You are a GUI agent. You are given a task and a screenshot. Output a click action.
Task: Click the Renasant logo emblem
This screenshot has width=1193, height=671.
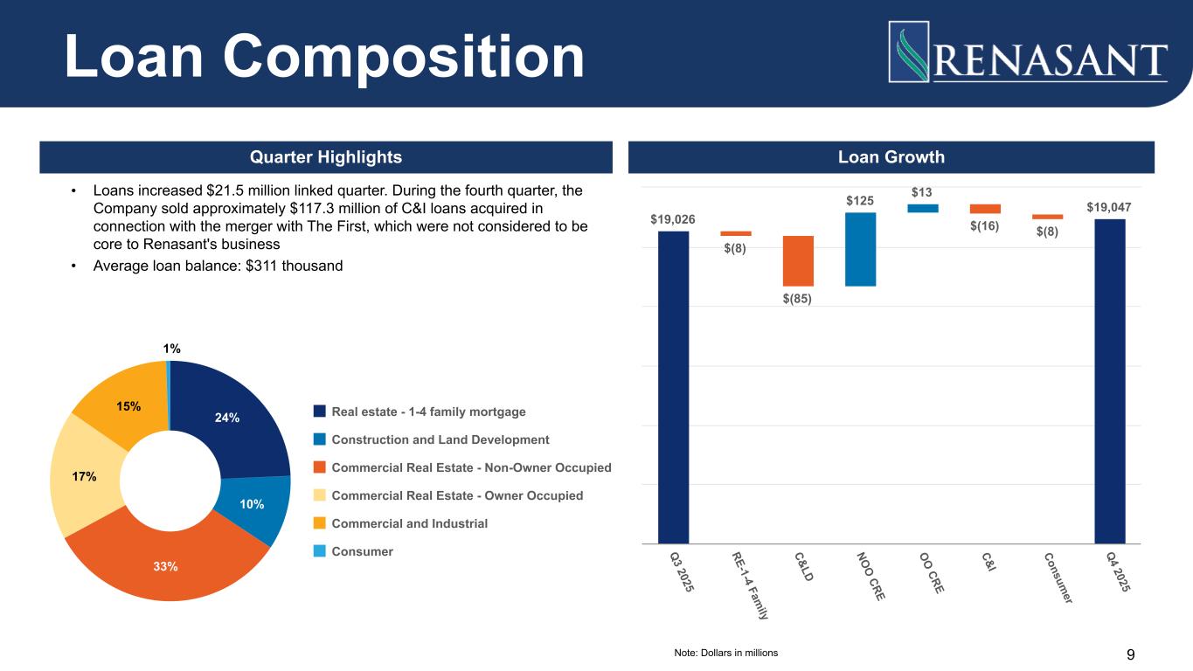pyautogui.click(x=909, y=52)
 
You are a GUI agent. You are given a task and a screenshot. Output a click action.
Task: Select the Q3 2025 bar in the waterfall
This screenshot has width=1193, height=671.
pyautogui.click(x=673, y=384)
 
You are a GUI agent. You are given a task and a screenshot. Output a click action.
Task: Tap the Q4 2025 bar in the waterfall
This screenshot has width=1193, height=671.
pyautogui.click(x=1110, y=380)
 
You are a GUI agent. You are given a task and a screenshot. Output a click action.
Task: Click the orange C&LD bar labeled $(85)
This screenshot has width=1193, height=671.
pyautogui.click(x=798, y=260)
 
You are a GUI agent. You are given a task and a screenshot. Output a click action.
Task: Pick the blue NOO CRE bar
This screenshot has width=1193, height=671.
pyautogui.click(x=860, y=249)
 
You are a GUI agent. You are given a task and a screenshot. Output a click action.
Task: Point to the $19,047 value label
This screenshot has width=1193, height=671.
pyautogui.click(x=1109, y=207)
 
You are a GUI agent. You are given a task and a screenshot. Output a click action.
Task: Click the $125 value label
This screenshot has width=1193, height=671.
pyautogui.click(x=860, y=201)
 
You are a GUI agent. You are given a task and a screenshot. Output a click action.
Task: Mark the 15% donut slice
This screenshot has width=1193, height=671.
pyautogui.click(x=122, y=411)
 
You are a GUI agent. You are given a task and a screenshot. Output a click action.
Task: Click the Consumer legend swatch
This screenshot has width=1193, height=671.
pyautogui.click(x=319, y=551)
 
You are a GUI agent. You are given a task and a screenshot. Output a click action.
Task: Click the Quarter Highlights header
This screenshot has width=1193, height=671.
pyautogui.click(x=326, y=157)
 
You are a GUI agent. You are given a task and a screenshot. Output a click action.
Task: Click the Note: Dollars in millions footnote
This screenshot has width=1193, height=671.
pyautogui.click(x=725, y=653)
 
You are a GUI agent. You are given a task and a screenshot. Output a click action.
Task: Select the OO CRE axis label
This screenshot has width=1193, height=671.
pyautogui.click(x=932, y=573)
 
